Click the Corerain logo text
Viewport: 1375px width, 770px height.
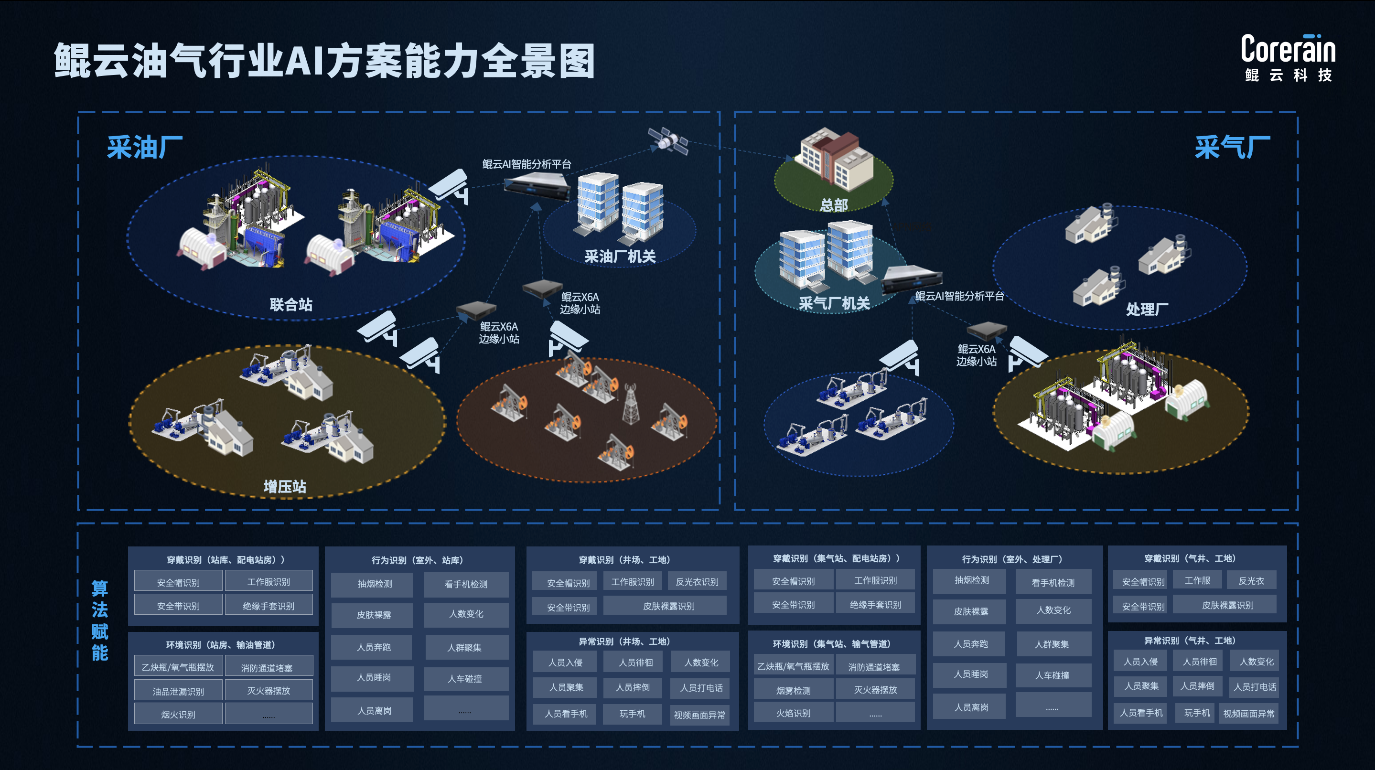coord(1288,49)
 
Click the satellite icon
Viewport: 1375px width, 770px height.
coord(668,140)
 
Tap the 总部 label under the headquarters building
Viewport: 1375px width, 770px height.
coord(833,205)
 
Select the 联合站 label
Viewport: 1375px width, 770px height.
coord(291,305)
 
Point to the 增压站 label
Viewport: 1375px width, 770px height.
coord(284,486)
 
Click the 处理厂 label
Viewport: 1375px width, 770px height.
coord(1147,309)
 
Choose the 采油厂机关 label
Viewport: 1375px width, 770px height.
coord(620,257)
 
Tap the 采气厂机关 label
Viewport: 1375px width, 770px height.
coord(834,304)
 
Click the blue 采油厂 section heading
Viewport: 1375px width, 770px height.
coord(145,147)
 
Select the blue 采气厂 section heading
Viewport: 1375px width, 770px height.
coord(1232,147)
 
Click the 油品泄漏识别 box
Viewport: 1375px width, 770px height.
coord(178,691)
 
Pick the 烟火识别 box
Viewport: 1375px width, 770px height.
coord(178,715)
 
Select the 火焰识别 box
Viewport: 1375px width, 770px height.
coord(793,713)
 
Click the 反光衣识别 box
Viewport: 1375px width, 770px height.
coord(697,582)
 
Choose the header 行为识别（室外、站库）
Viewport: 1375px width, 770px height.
coord(418,560)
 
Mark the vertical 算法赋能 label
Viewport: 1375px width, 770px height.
coord(100,620)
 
